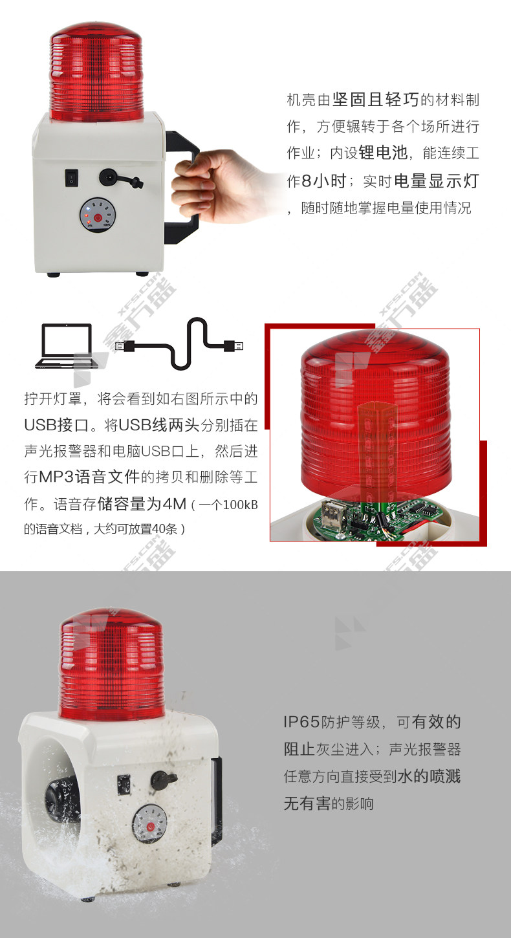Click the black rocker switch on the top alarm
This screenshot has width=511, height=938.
click(72, 177)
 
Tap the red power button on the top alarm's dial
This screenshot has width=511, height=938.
click(98, 218)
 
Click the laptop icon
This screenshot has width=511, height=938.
click(67, 346)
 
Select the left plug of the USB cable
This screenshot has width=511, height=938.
click(125, 346)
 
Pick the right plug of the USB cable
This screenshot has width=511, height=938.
click(234, 345)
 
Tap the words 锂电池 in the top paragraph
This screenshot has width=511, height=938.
click(383, 153)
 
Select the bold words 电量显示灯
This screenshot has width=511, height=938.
click(437, 180)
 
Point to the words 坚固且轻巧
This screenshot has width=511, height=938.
click(376, 100)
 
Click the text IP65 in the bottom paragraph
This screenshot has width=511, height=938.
click(302, 722)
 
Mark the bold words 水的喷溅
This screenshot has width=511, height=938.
click(429, 776)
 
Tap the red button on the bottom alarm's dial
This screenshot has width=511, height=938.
click(149, 827)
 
